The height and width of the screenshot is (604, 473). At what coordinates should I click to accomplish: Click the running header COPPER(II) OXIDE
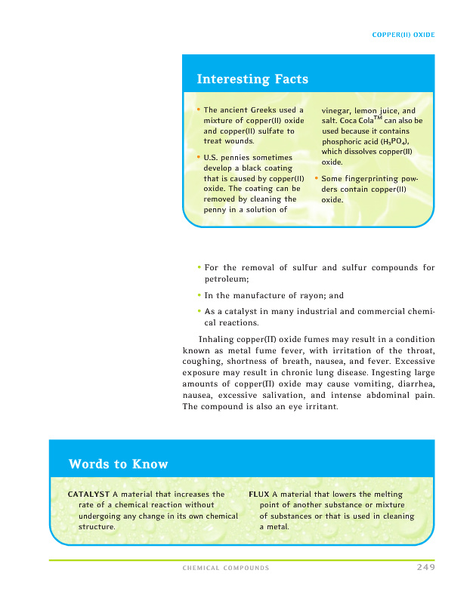pos(404,35)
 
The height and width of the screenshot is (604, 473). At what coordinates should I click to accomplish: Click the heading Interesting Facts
pos(252,79)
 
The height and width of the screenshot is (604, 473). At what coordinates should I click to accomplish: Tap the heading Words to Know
pos(118,464)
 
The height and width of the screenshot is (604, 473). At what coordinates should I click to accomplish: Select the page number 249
pos(425,567)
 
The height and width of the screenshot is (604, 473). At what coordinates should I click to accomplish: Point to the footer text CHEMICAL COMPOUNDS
pos(226,568)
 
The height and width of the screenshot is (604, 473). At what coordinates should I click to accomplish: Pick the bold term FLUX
pos(259,495)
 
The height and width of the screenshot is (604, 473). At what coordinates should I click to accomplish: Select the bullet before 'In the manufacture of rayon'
pos(199,295)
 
